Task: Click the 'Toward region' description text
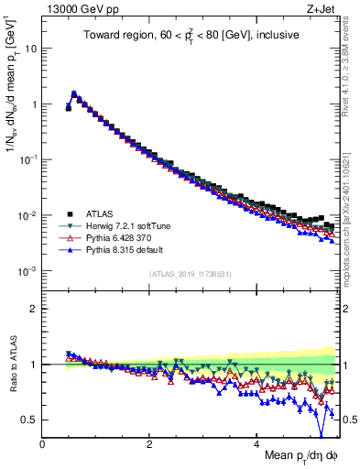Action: tap(191, 38)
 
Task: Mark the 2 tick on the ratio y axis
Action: tap(34, 309)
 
